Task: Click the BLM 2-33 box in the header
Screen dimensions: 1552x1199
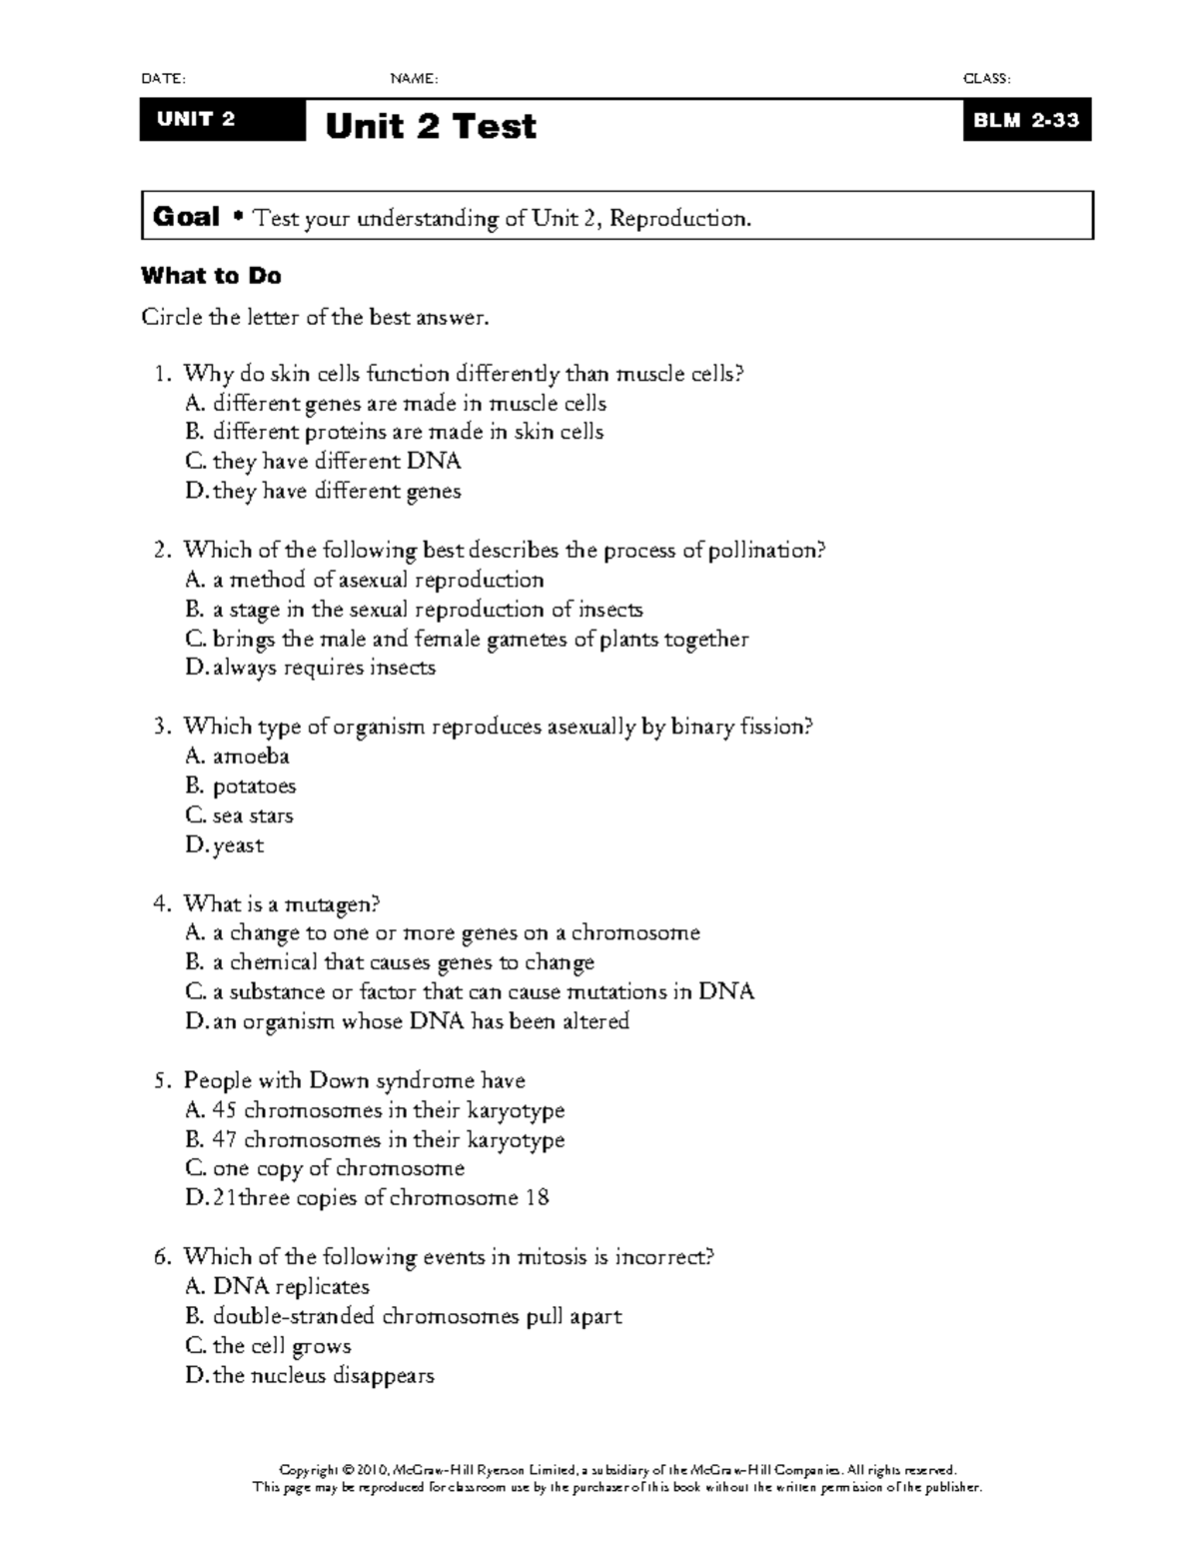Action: pos(1026,120)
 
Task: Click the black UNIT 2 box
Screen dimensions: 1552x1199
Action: pos(222,120)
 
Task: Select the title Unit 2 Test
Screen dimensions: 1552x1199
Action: pos(431,126)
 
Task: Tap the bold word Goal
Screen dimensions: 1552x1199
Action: pos(186,217)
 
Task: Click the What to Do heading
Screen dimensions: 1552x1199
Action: pos(211,276)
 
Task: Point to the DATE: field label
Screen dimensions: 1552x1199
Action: pos(163,79)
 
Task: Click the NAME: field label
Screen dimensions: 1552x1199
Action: pos(414,79)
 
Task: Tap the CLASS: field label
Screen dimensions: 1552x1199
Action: pos(985,79)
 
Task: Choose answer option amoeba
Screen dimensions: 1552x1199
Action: pos(251,757)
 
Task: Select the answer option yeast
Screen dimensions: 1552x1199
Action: pos(238,845)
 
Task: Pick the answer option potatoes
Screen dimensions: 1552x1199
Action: pos(254,786)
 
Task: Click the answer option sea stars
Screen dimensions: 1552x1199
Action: pos(253,815)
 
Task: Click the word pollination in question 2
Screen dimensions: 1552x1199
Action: pos(766,551)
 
